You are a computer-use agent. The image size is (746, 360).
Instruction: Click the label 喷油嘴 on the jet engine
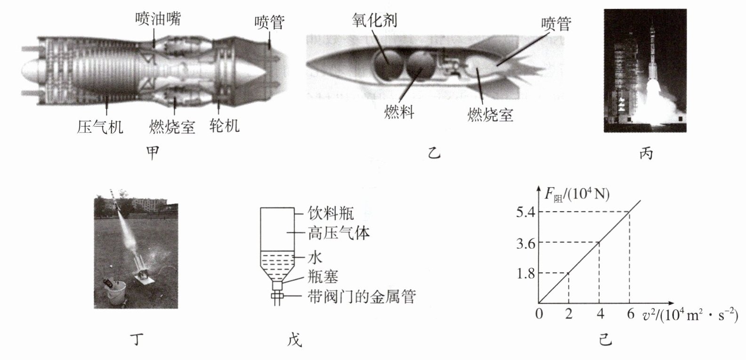[158, 19]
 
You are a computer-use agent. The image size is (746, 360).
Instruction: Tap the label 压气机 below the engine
[100, 126]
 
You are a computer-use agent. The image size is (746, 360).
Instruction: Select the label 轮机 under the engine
[224, 125]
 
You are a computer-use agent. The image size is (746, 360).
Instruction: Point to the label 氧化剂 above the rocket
[375, 20]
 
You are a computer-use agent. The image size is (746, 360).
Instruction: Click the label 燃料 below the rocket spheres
[399, 113]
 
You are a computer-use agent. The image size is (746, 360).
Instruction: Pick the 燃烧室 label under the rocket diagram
[490, 115]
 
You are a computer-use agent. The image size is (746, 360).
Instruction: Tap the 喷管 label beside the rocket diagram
[556, 24]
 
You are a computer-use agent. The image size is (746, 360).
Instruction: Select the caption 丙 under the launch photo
[646, 153]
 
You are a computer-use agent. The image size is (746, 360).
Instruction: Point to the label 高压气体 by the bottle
[339, 233]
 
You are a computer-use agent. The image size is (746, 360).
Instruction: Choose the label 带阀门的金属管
[362, 296]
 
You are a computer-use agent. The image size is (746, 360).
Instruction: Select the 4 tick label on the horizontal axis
[599, 314]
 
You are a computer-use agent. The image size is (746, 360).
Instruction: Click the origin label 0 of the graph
[540, 314]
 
